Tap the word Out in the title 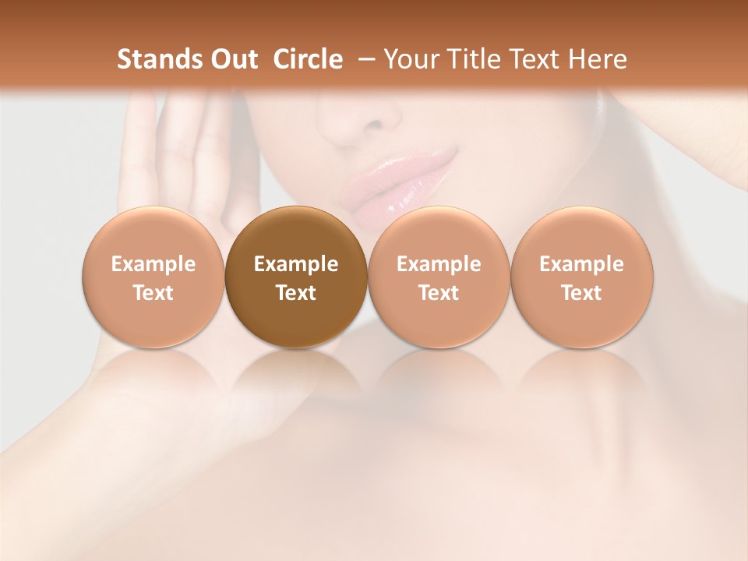click(x=232, y=59)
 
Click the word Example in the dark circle click(x=296, y=264)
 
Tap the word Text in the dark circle click(x=296, y=293)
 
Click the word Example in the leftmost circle click(x=153, y=264)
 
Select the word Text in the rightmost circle click(x=581, y=293)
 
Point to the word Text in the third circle click(x=439, y=293)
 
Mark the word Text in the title click(x=534, y=59)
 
